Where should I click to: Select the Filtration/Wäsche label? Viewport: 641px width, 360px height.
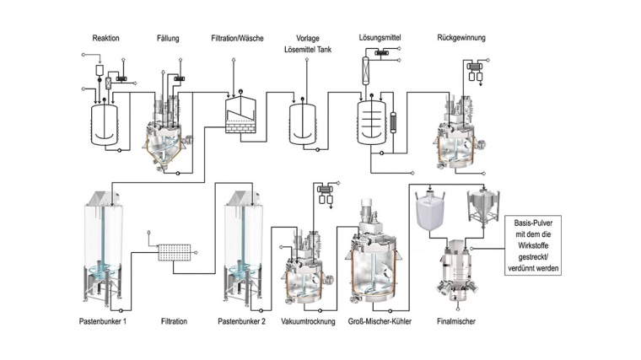click(x=240, y=38)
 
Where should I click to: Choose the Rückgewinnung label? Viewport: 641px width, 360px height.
click(x=461, y=38)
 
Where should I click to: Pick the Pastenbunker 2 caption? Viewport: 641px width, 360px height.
click(x=243, y=322)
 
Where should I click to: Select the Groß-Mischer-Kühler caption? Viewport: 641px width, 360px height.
click(x=380, y=322)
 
